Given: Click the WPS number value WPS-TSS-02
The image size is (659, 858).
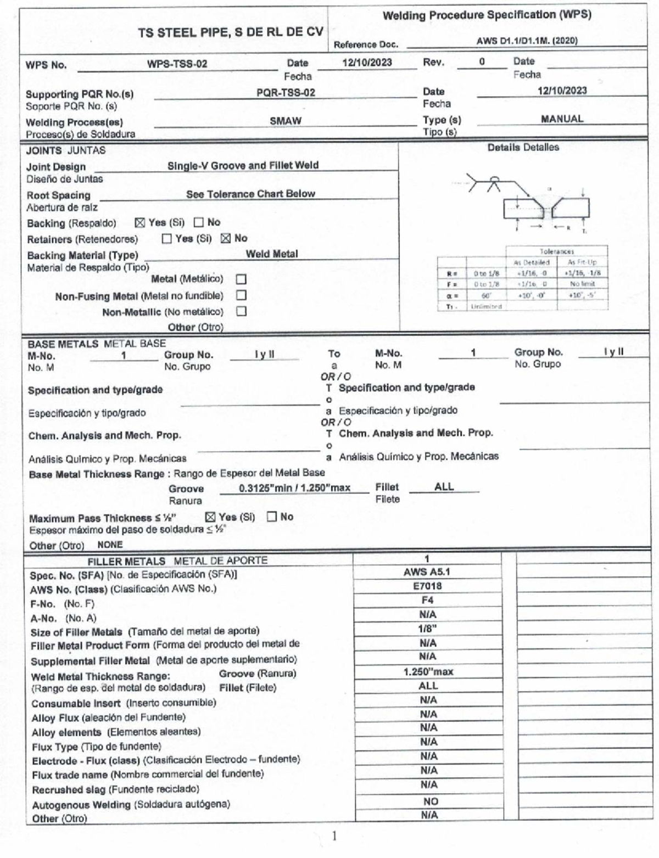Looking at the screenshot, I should click(x=177, y=64).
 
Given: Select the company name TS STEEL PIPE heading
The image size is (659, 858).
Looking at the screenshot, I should click(x=231, y=32).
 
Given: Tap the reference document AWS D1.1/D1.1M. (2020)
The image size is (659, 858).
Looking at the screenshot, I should click(x=527, y=41).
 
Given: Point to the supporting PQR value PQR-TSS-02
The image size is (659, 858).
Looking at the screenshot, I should click(x=286, y=92).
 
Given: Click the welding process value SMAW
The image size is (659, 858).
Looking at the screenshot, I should click(x=286, y=121).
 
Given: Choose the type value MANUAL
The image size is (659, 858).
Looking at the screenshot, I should click(x=562, y=119).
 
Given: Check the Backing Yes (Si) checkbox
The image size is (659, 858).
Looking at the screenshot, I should click(x=140, y=223).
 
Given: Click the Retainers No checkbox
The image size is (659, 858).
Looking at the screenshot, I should click(x=226, y=238).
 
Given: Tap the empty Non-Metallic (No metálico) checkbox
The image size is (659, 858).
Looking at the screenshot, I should click(x=241, y=311).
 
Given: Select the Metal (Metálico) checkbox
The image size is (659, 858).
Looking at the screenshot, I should click(x=241, y=279).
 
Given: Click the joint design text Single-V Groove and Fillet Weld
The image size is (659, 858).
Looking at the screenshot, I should click(x=243, y=165).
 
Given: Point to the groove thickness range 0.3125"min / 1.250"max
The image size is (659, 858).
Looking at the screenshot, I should click(x=294, y=488).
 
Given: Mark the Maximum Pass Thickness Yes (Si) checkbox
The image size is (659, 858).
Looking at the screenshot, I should click(x=210, y=517).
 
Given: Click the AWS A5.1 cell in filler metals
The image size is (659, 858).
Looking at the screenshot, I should click(x=427, y=572).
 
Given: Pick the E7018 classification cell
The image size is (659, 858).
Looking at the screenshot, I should click(x=427, y=586).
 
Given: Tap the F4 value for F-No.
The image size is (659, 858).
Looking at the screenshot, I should click(x=427, y=601).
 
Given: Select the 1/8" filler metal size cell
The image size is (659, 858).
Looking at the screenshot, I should click(x=427, y=629).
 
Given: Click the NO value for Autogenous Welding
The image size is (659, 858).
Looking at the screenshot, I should click(x=430, y=801).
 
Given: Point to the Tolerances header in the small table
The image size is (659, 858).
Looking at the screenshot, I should click(x=556, y=251).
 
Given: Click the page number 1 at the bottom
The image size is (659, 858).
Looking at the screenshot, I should click(x=334, y=837).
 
